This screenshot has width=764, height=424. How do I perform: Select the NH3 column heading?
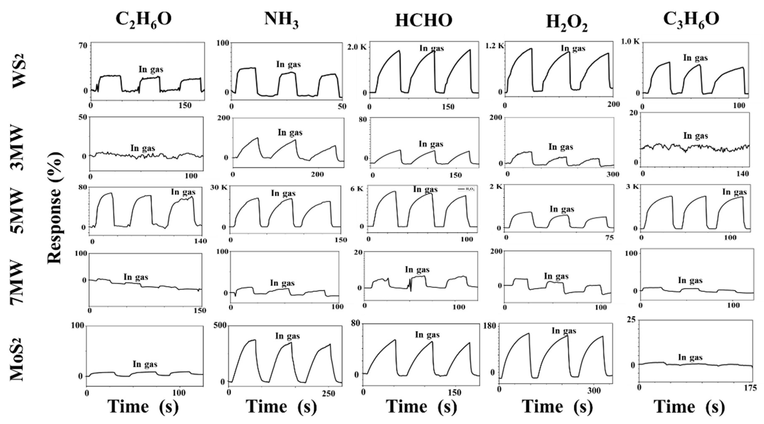click(281, 20)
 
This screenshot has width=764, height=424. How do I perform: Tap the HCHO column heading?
click(424, 21)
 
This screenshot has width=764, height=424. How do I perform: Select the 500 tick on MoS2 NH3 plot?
click(220, 325)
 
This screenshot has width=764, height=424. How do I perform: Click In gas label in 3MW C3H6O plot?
click(695, 136)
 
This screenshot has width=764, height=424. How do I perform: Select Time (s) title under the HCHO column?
click(421, 406)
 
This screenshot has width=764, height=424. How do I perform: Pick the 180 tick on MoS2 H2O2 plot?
click(490, 326)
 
